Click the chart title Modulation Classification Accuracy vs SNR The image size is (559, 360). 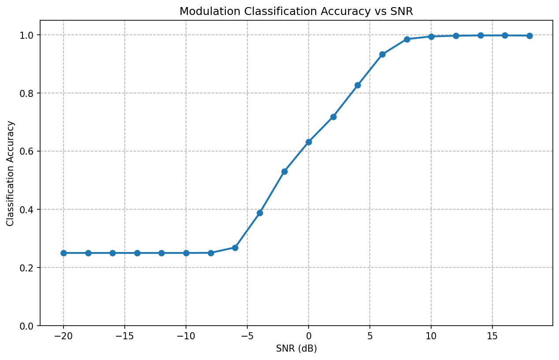296,12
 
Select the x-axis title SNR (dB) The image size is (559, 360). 296,349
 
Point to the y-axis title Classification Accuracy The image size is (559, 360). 11,173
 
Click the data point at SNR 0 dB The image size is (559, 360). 309,142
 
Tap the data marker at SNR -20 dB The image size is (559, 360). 63,253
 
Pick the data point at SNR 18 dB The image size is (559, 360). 529,36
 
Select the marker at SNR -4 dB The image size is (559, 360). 260,213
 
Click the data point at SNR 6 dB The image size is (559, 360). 382,54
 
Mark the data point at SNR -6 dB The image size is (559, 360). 235,248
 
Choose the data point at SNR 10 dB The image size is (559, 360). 431,37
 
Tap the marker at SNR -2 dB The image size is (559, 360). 284,171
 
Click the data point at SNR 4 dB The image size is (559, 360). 358,85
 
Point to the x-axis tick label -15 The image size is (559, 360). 125,336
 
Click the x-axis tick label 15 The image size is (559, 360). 492,336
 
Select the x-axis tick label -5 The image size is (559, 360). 247,336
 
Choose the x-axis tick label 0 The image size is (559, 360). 309,336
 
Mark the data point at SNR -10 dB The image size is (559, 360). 186,253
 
